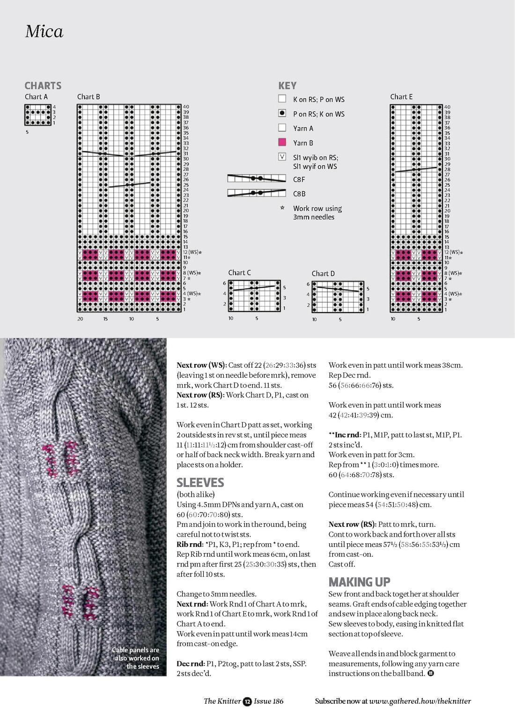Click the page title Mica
click(44, 31)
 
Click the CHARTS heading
click(43, 86)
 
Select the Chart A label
click(36, 97)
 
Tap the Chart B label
click(88, 97)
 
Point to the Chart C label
click(239, 273)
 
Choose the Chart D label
click(323, 274)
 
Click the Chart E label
click(401, 97)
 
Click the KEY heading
click(287, 86)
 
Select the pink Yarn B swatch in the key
click(282, 142)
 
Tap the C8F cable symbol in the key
click(257, 178)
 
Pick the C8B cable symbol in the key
click(257, 193)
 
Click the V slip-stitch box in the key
click(282, 157)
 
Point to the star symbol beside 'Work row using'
click(282, 207)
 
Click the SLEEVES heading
click(200, 483)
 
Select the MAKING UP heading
click(359, 582)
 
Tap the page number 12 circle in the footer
click(247, 701)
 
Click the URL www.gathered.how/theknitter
click(420, 701)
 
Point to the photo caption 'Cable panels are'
click(135, 650)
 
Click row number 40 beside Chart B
click(186, 107)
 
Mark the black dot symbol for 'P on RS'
click(282, 113)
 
